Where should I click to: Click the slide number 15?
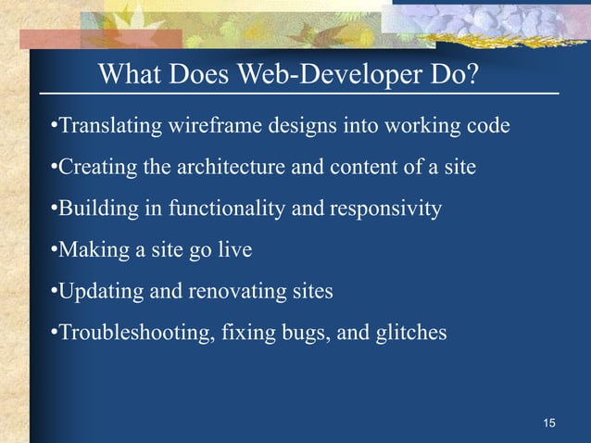pos(549,424)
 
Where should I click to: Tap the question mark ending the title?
pos(472,73)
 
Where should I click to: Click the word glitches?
pos(411,332)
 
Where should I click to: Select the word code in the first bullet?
pos(489,125)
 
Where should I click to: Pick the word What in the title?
pos(131,73)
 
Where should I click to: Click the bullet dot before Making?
pos(54,250)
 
